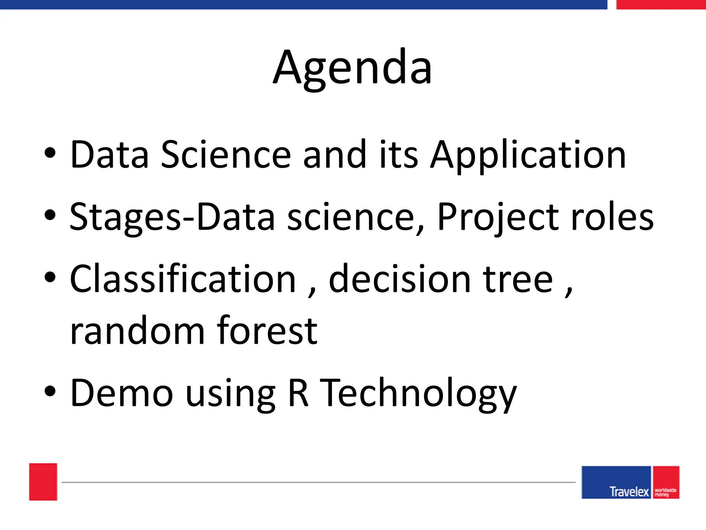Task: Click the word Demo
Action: click(121, 393)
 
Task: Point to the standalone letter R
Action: click(298, 393)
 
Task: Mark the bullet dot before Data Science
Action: click(50, 153)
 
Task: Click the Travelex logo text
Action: click(629, 491)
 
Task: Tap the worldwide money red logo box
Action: click(666, 482)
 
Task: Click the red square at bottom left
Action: click(43, 482)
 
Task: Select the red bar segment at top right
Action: click(660, 4)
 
